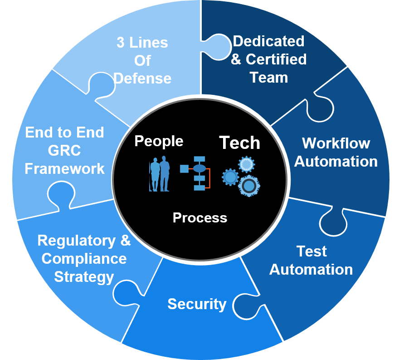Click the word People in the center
pos(159,141)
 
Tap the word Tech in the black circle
pos(239,143)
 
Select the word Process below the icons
pos(200,218)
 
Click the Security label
pos(197,304)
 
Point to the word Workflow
pos(336,143)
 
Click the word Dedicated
pos(268,41)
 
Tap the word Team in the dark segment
pos(268,78)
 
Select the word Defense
pos(142,79)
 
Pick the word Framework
pos(64,169)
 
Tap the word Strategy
pos(84,277)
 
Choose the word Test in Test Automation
pos(312,251)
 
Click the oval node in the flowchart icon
pos(199,168)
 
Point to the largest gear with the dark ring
pos(248,186)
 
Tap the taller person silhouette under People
pos(165,173)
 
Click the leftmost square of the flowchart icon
pos(184,169)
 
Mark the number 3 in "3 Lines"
pos(121,43)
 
